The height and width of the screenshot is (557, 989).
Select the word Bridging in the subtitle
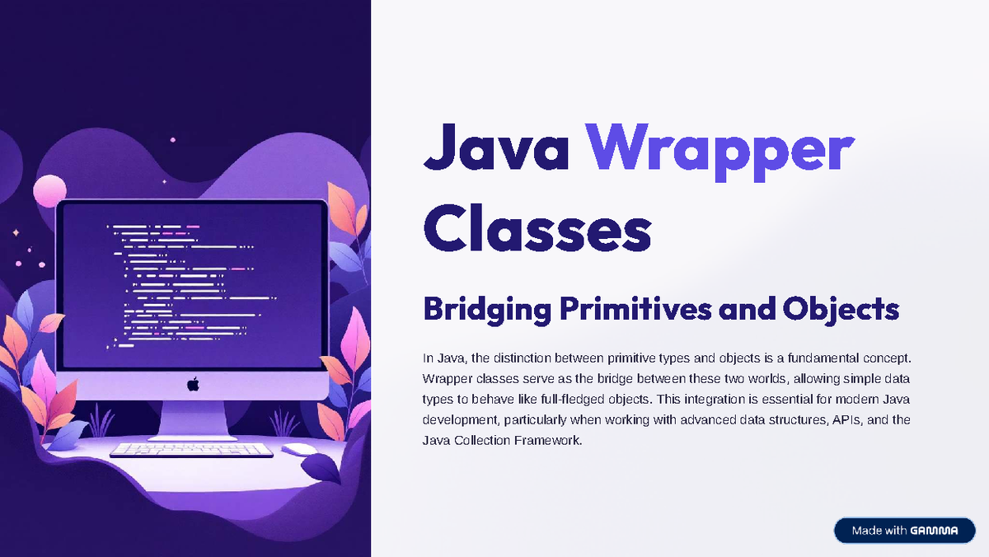click(x=485, y=310)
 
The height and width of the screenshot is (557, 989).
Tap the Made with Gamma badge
click(x=904, y=531)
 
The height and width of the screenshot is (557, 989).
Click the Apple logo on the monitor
click(x=193, y=384)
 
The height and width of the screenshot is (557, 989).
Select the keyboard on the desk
click(x=191, y=451)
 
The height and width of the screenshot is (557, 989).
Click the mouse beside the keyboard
click(x=298, y=449)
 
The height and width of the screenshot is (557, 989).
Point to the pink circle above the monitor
click(x=49, y=190)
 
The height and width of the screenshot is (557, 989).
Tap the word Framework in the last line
click(x=546, y=441)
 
